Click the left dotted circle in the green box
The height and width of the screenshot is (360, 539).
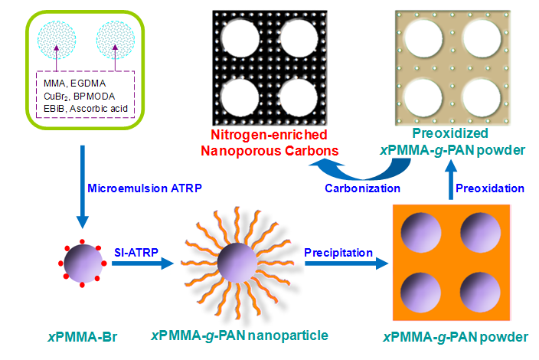(x=58, y=37)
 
